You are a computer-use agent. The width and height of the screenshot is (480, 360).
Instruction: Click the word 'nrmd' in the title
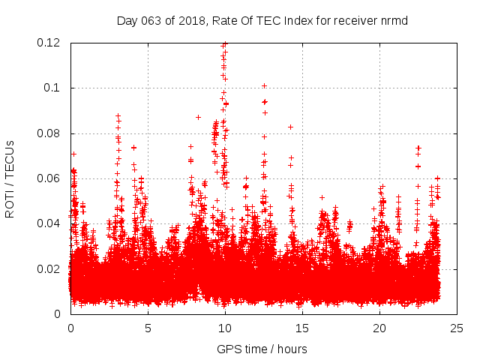[394, 19]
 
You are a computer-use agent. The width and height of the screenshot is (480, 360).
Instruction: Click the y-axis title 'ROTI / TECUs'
[10, 178]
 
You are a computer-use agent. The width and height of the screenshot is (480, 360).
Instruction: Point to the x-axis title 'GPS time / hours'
[262, 349]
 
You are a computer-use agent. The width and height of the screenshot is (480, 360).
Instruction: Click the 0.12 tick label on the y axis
[49, 43]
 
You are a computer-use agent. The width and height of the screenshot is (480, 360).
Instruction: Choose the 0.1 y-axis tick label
[53, 88]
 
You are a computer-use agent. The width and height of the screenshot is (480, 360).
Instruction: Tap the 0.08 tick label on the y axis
[49, 133]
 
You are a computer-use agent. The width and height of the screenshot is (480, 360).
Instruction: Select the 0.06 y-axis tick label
[49, 178]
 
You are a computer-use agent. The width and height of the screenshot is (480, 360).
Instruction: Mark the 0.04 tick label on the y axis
[49, 223]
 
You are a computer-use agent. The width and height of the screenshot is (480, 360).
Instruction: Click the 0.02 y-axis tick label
[49, 269]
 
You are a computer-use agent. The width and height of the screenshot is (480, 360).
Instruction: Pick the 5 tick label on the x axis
[148, 328]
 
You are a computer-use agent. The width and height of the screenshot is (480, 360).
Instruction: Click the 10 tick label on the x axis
[225, 328]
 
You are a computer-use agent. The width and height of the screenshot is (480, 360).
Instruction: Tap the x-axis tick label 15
[302, 328]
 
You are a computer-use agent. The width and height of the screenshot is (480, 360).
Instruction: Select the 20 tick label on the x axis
[379, 328]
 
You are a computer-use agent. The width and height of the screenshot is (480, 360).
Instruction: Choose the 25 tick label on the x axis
[457, 328]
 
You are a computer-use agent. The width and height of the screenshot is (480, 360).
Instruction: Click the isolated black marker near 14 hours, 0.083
[290, 127]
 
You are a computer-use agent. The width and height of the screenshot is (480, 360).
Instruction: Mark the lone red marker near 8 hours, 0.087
[198, 117]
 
